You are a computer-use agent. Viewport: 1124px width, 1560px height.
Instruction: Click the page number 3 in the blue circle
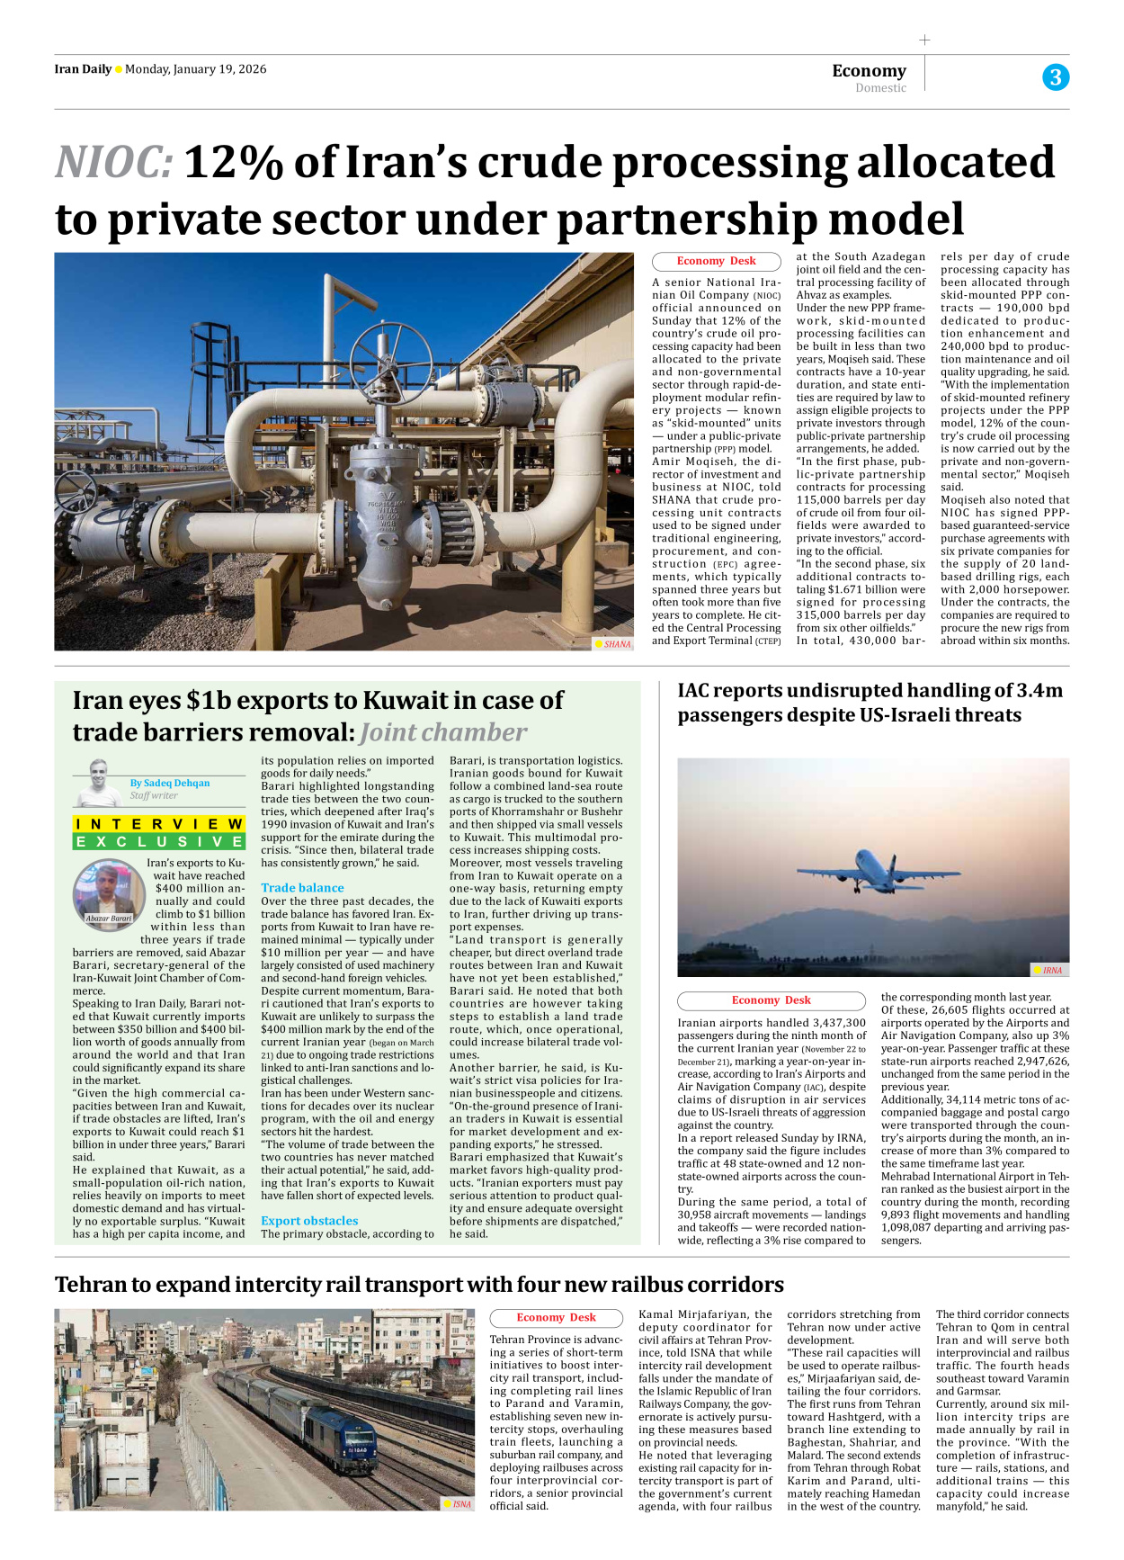pyautogui.click(x=1056, y=77)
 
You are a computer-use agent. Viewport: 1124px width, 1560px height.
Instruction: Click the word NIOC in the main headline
pyautogui.click(x=113, y=163)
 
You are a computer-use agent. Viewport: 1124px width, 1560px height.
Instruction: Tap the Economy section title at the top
pyautogui.click(x=869, y=70)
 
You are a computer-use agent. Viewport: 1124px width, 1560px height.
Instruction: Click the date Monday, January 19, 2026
pyautogui.click(x=195, y=69)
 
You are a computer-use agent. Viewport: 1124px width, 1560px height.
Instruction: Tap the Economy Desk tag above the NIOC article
pyautogui.click(x=716, y=261)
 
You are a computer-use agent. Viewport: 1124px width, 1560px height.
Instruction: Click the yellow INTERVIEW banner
pyautogui.click(x=159, y=824)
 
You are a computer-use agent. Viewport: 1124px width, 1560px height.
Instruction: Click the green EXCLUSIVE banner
pyautogui.click(x=159, y=842)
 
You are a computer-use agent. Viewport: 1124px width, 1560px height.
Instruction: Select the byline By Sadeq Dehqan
pyautogui.click(x=170, y=783)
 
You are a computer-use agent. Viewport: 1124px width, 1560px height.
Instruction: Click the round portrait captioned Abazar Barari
pyautogui.click(x=109, y=892)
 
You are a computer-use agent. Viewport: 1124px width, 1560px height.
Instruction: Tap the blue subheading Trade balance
pyautogui.click(x=302, y=888)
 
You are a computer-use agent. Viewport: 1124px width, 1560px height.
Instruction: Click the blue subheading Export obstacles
pyautogui.click(x=309, y=1221)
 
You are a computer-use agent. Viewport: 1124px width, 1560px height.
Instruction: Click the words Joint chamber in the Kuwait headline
pyautogui.click(x=443, y=733)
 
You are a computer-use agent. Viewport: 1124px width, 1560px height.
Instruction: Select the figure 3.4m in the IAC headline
pyautogui.click(x=1039, y=691)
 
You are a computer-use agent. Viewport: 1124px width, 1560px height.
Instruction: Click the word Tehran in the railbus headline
pyautogui.click(x=94, y=1285)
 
